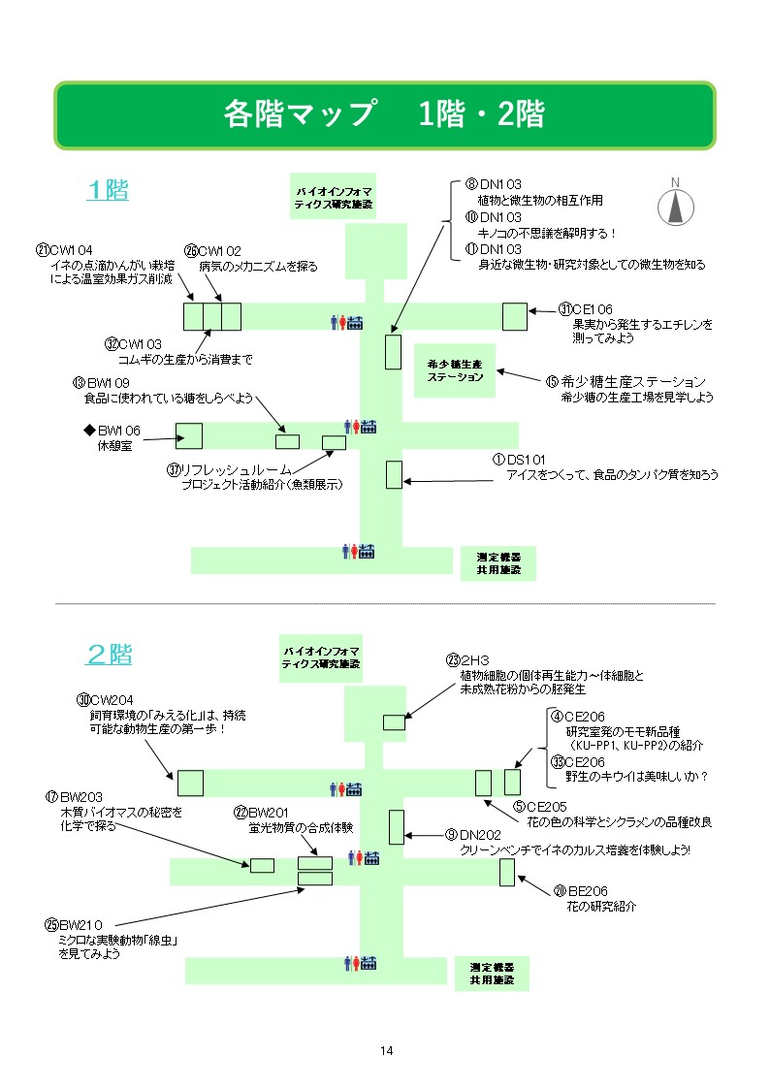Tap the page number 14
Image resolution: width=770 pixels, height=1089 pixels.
click(x=386, y=1051)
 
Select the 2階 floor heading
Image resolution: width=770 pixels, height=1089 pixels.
click(x=109, y=655)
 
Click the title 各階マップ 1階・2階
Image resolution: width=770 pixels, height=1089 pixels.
click(x=384, y=114)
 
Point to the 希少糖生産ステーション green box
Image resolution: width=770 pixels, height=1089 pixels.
click(x=454, y=369)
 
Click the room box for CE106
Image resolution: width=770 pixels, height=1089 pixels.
click(x=514, y=316)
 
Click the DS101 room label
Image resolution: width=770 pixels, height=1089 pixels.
click(x=521, y=460)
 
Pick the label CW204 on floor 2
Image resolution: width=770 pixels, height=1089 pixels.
click(x=111, y=700)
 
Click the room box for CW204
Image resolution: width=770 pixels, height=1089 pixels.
click(x=189, y=783)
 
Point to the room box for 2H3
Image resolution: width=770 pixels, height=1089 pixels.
click(x=394, y=721)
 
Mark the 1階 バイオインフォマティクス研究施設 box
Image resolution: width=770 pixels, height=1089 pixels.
click(x=333, y=198)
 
